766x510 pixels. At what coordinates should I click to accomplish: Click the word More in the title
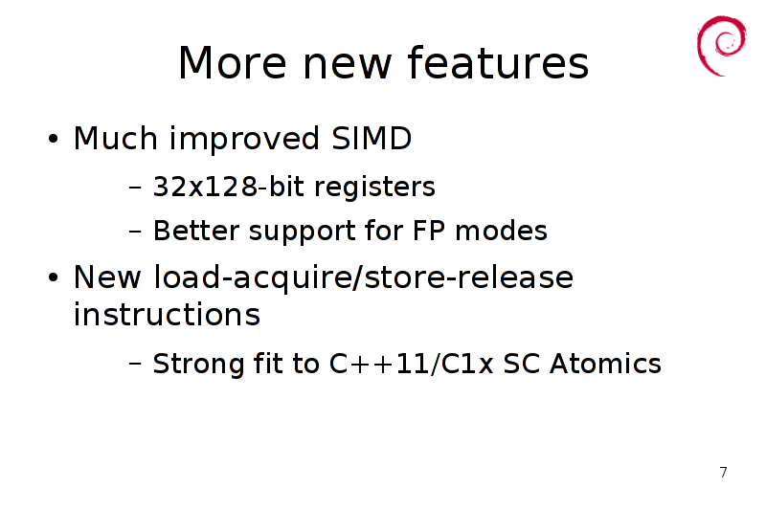232,62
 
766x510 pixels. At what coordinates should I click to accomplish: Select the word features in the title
498,62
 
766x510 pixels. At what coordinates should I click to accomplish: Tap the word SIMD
372,138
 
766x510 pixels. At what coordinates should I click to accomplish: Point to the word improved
244,139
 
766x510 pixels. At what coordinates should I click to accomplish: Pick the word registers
374,188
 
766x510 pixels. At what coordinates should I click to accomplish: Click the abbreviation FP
428,231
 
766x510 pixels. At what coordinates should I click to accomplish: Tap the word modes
501,231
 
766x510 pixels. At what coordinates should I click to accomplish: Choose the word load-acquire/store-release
364,277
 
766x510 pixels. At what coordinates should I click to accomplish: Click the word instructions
167,314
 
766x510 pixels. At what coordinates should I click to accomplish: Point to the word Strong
198,365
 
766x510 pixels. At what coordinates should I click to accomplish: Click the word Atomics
605,364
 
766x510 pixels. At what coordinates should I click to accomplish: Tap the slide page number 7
724,473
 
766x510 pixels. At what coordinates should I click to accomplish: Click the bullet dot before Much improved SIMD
54,139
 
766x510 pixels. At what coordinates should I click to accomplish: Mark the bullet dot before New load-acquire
54,277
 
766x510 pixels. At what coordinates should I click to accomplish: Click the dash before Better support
135,232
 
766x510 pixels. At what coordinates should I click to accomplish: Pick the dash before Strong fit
135,364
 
